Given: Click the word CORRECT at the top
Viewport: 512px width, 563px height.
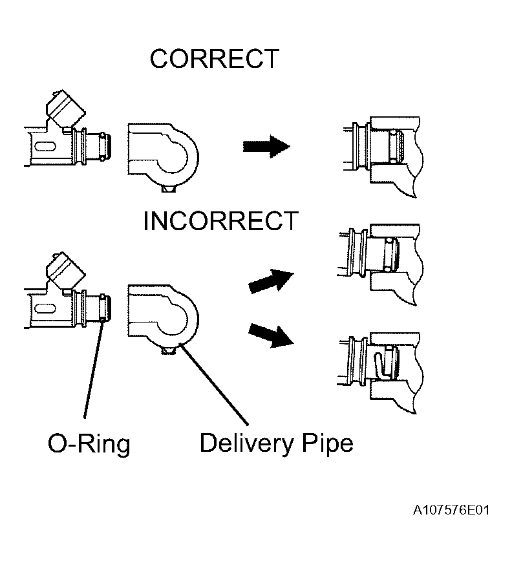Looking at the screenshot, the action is coord(215,59).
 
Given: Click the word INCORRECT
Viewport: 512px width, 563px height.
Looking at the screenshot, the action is coord(221,221).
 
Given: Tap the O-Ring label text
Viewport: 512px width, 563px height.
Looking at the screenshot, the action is coord(89,444).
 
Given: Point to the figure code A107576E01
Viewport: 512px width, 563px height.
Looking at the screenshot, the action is coord(451,510).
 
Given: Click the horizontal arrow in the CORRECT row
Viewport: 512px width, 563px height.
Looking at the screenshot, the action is coord(266,147).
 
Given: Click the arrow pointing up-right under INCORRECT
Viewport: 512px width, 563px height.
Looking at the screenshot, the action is coord(271,281).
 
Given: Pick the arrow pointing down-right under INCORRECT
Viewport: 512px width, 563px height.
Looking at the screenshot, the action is coord(271,335).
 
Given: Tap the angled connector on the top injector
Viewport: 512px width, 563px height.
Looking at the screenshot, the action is coord(66,108).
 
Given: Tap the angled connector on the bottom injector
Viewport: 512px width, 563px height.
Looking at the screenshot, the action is coord(66,270).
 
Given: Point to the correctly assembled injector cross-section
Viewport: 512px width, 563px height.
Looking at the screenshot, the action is coord(383,156).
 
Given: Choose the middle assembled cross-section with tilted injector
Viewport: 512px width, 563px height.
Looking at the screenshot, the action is coord(381,264).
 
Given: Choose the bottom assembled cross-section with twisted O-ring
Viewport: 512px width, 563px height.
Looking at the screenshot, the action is coord(381,373).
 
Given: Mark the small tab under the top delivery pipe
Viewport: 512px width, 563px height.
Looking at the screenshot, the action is coord(168,189).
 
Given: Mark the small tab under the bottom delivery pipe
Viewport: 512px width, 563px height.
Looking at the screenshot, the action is coord(168,350).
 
